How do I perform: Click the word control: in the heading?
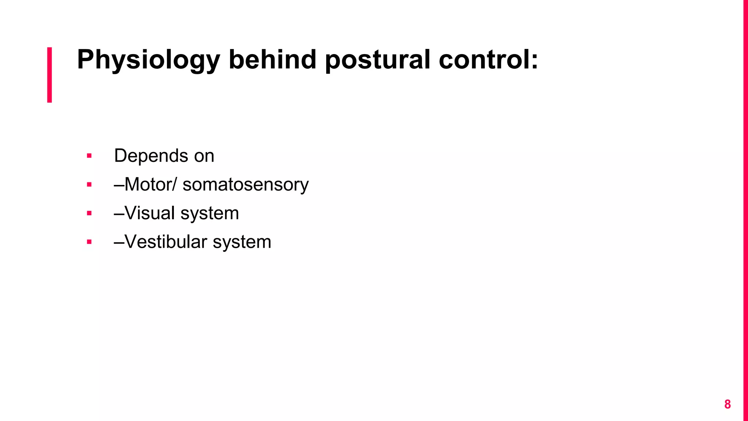(x=488, y=59)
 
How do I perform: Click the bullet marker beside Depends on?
(x=89, y=156)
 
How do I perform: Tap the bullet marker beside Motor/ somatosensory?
(x=89, y=185)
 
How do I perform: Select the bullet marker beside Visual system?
(x=89, y=213)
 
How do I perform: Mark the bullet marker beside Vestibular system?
(x=89, y=242)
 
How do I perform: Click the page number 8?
(x=727, y=404)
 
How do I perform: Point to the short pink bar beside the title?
(x=50, y=75)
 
